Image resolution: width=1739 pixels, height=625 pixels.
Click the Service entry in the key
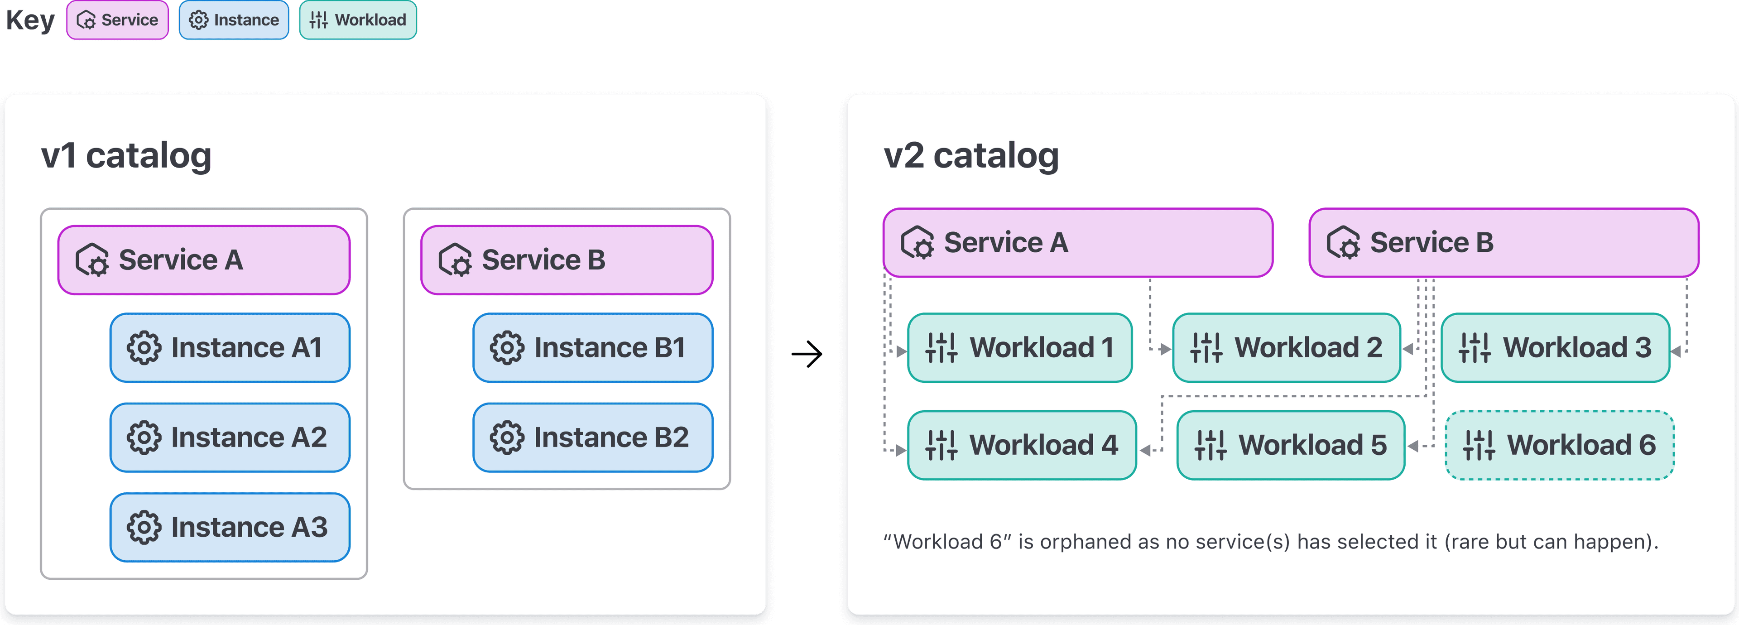pos(117,20)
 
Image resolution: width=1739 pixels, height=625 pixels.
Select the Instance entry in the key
pos(234,20)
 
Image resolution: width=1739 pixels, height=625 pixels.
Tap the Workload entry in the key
pos(358,20)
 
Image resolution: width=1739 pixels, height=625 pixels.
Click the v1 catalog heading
pos(126,155)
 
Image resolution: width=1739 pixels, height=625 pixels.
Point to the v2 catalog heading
pos(971,155)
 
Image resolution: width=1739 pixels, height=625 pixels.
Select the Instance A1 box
pos(230,347)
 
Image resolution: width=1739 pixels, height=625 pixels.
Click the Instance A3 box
pos(230,527)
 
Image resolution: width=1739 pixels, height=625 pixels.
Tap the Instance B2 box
pos(593,437)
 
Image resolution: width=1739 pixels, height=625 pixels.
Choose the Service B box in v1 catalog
pos(567,260)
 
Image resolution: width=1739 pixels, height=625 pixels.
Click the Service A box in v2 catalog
pos(1077,242)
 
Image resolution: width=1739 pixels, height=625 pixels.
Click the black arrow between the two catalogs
pos(807,354)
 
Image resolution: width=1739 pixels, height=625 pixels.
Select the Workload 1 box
pos(1019,347)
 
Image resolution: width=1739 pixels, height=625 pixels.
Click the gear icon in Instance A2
pos(144,437)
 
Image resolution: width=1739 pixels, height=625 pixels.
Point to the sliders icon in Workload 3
pos(1475,347)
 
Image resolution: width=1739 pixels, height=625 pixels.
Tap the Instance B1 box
pos(593,347)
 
